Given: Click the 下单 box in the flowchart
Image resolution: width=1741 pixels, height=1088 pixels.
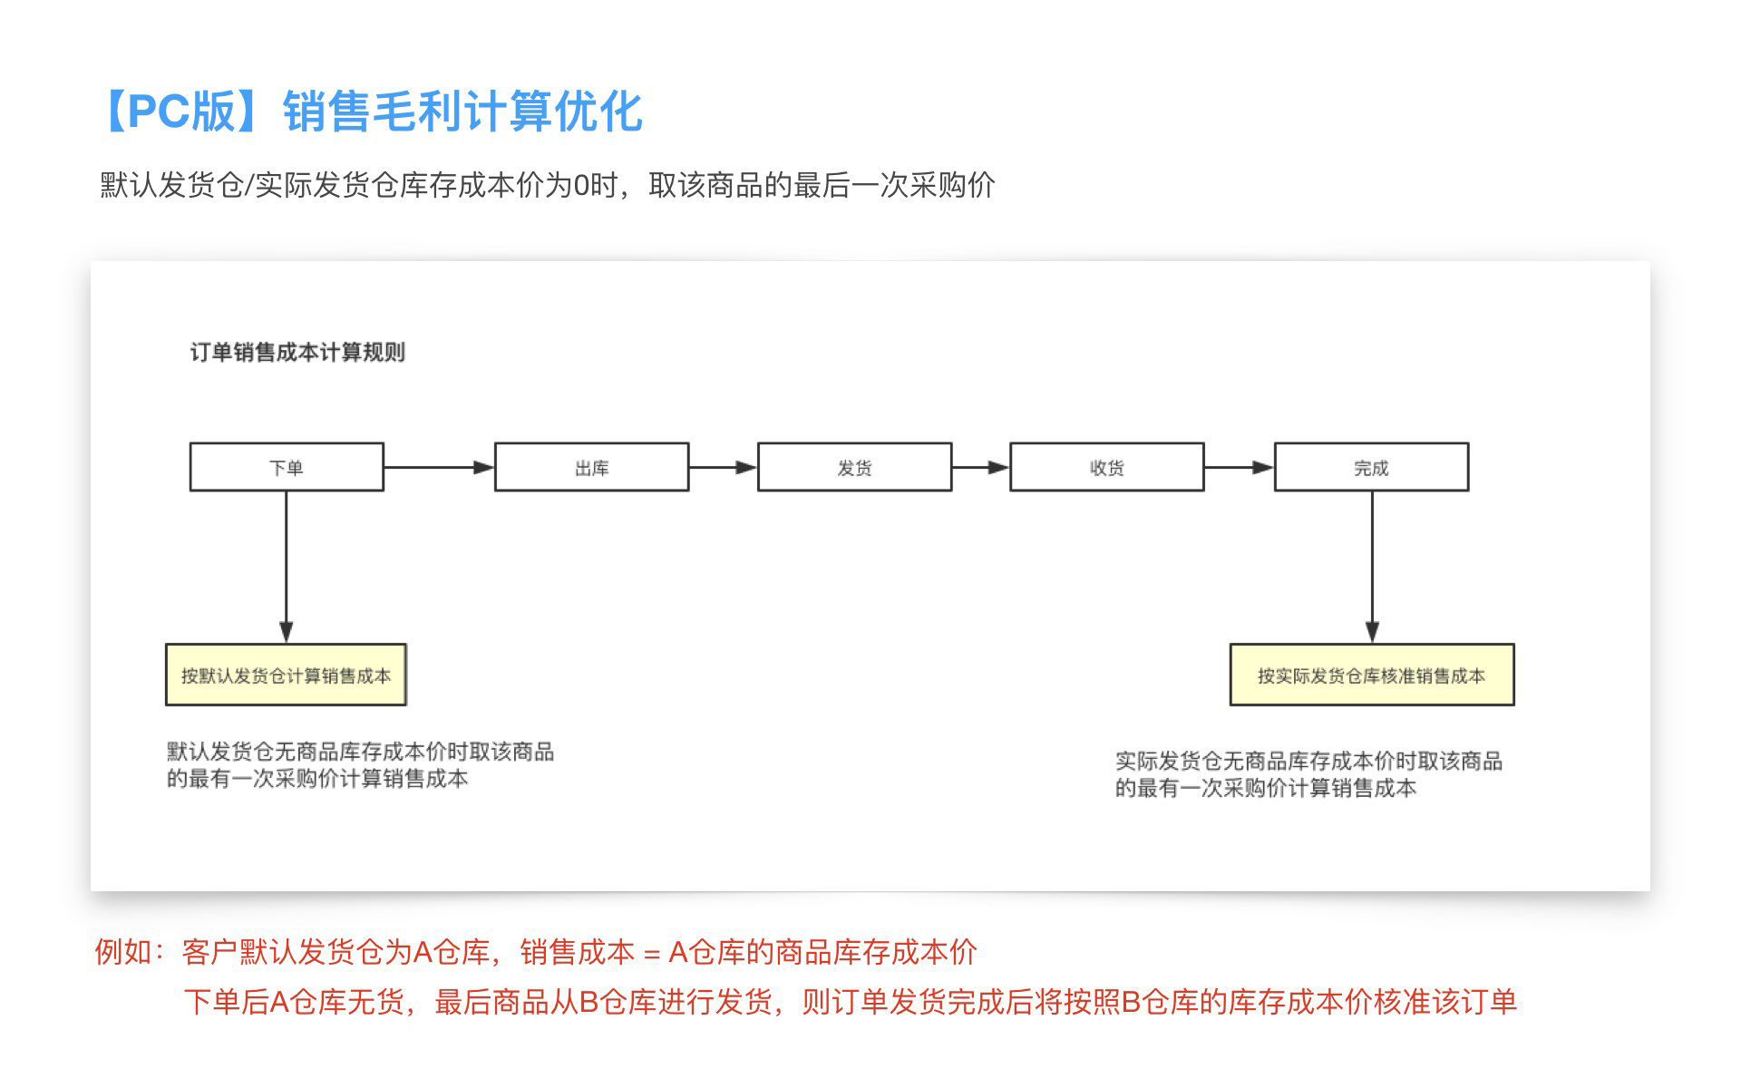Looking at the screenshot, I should pos(287,467).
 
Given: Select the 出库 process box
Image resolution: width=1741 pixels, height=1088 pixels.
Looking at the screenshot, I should pos(591,467).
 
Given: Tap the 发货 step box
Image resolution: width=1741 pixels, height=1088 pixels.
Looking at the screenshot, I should pos(854,467).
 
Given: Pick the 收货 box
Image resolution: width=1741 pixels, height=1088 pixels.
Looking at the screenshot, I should pos(1106,467).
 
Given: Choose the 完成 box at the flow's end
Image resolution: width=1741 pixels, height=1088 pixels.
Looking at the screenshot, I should pos(1371,467).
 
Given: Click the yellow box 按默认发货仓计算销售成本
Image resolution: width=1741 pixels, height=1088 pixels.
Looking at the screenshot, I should pos(286,675).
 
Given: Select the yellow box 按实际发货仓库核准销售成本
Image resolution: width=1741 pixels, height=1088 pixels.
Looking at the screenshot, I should pos(1371,675).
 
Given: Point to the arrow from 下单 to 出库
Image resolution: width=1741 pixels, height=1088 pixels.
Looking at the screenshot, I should pos(439,467).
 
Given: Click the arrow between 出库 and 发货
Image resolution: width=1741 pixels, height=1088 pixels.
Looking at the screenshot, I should pos(723,467).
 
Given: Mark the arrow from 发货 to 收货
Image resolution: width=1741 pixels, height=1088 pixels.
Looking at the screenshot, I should pos(980,467).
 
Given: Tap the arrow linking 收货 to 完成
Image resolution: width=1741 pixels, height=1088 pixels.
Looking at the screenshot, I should pos(1239,467).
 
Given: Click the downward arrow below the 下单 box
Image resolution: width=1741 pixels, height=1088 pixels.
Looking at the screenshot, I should pos(287,567).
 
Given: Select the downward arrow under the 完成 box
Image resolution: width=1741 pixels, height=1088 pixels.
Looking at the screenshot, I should pos(1372,567).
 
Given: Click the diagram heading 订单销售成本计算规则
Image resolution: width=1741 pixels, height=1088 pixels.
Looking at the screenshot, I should pos(297,352).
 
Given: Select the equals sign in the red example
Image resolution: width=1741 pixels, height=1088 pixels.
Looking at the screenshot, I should pos(651,954).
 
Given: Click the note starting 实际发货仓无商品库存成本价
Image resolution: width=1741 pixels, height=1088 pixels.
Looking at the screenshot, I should pos(1308,773).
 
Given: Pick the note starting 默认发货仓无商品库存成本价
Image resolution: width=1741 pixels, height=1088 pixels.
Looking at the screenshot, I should pos(360,764).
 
